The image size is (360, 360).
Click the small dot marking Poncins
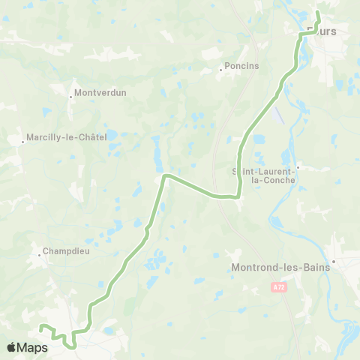[220, 70]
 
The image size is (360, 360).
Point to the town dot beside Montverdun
[70, 96]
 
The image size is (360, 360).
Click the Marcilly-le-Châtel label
[66, 137]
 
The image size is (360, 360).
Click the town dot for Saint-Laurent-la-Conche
[298, 167]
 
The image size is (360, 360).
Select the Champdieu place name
[66, 251]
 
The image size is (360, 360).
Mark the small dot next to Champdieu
[40, 255]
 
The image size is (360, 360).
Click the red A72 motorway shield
[279, 286]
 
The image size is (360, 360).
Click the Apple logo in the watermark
[12, 347]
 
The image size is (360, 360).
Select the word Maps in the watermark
[33, 347]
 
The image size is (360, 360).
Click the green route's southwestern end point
[41, 327]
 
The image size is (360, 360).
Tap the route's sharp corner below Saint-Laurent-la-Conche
[238, 196]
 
